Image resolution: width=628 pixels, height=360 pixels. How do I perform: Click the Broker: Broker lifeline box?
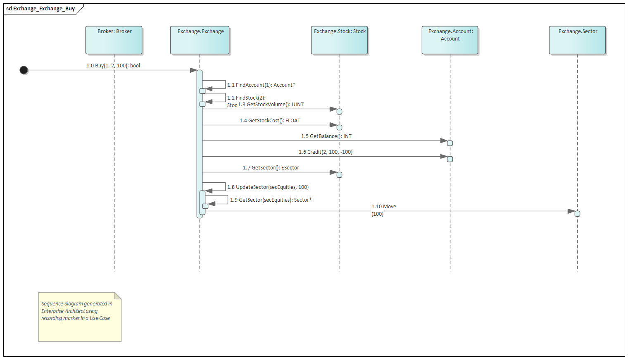click(x=114, y=40)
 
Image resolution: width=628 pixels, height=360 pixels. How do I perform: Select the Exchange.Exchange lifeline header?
click(x=200, y=40)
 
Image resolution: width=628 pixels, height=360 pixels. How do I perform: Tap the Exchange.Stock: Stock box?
click(x=340, y=40)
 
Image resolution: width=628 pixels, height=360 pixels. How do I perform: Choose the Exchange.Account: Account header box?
click(x=450, y=40)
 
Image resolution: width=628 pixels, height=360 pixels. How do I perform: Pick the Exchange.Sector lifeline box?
click(x=577, y=40)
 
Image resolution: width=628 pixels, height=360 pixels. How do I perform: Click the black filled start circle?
click(x=24, y=70)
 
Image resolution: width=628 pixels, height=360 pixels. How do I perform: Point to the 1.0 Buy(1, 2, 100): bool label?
click(x=113, y=66)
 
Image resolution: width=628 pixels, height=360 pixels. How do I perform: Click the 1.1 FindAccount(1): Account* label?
click(x=261, y=85)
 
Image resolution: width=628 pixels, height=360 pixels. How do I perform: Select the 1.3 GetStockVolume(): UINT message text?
click(x=271, y=105)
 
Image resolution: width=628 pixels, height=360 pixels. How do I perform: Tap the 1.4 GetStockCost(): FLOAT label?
click(x=270, y=121)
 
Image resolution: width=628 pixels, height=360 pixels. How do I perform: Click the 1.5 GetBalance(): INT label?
click(x=326, y=136)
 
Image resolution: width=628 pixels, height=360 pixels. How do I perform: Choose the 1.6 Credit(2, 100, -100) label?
click(x=326, y=152)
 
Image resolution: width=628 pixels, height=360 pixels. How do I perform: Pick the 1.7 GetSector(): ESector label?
click(x=271, y=168)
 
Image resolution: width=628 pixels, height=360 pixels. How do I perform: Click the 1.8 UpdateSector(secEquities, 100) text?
click(x=268, y=187)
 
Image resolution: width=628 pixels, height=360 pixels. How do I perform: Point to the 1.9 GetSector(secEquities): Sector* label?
click(x=271, y=200)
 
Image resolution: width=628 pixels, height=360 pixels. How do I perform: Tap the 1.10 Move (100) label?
click(x=383, y=210)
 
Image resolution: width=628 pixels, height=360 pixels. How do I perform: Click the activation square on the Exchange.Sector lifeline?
click(x=577, y=214)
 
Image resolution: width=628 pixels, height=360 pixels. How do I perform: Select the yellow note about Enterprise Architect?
click(x=80, y=317)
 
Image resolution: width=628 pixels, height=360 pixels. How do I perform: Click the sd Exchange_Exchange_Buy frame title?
click(x=40, y=9)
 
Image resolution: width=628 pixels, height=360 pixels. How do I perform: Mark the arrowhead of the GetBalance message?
click(x=444, y=141)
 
